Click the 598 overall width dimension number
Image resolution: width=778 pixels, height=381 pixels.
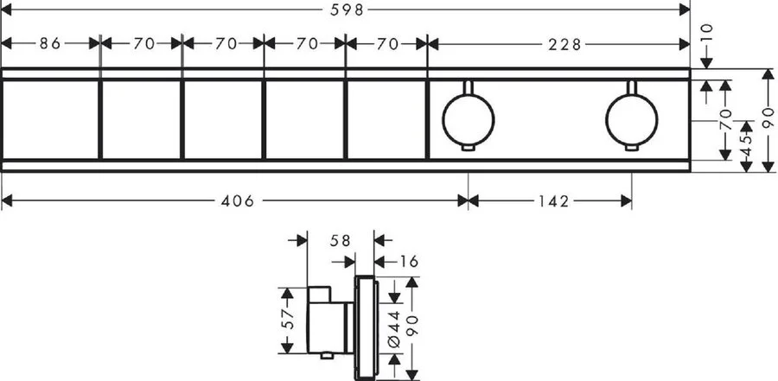(347, 10)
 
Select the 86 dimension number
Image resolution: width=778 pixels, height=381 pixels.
(51, 43)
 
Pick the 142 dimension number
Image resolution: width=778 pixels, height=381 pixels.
(550, 201)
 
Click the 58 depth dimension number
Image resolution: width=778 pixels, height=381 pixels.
(340, 242)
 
